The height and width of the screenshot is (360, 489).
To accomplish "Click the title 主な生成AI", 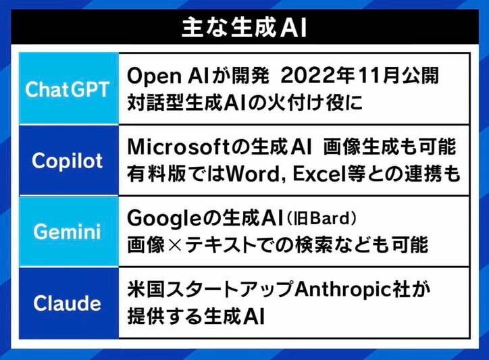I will pyautogui.click(x=244, y=29).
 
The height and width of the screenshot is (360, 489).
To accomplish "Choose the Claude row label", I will pyautogui.click(x=67, y=302).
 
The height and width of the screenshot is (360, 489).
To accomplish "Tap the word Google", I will pyautogui.click(x=161, y=219).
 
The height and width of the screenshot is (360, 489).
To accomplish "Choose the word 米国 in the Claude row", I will pyautogui.click(x=143, y=288).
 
